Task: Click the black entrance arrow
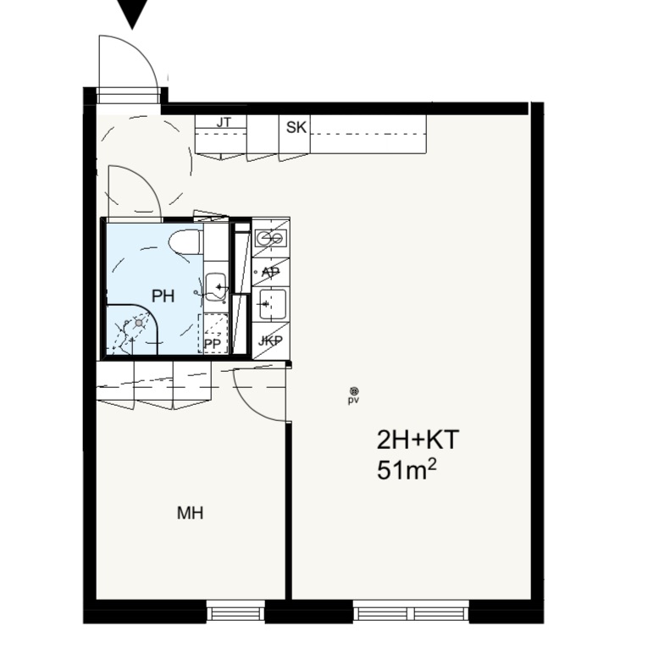pyautogui.click(x=132, y=13)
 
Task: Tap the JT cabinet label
pyautogui.click(x=224, y=122)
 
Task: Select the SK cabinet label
pyautogui.click(x=296, y=127)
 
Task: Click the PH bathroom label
pyautogui.click(x=163, y=296)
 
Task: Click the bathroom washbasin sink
pyautogui.click(x=216, y=287)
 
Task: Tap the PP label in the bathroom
pyautogui.click(x=213, y=344)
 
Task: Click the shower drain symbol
pyautogui.click(x=139, y=323)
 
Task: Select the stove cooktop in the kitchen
pyautogui.click(x=271, y=238)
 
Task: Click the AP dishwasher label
pyautogui.click(x=271, y=273)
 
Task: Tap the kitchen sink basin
pyautogui.click(x=273, y=305)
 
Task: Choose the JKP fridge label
pyautogui.click(x=270, y=341)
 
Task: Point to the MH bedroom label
pyautogui.click(x=190, y=513)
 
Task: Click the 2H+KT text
pyautogui.click(x=418, y=440)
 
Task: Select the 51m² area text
pyautogui.click(x=407, y=470)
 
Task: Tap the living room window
pyautogui.click(x=411, y=612)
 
